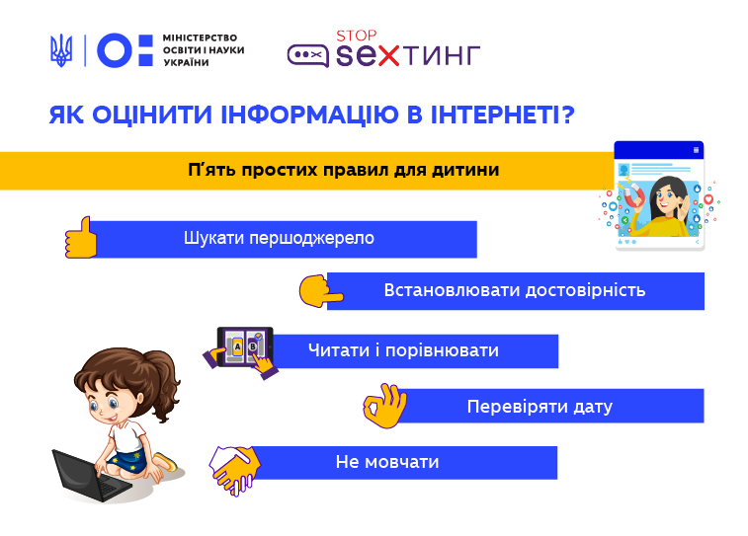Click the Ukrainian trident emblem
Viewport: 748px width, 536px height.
[61, 50]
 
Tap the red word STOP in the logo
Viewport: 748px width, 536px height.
[357, 37]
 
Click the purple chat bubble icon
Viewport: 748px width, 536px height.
[307, 55]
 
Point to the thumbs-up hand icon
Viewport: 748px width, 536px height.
[81, 238]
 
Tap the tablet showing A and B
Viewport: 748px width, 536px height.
[245, 346]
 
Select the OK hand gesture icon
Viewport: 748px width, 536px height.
[385, 405]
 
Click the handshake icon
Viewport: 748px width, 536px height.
[235, 469]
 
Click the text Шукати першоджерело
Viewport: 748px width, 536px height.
[279, 238]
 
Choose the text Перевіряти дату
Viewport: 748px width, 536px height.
[540, 407]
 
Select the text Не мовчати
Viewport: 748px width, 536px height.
[387, 462]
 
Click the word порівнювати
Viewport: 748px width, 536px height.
[442, 351]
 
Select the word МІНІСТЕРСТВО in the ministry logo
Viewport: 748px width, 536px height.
[200, 38]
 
